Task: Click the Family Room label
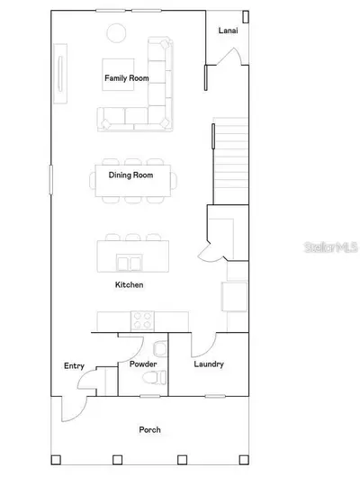pos(127,78)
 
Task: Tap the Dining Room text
pos(130,175)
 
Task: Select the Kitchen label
pos(130,285)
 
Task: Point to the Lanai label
pos(229,31)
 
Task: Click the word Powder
pos(143,364)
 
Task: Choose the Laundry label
pos(209,364)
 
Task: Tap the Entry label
pos(74,366)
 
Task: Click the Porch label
pos(149,430)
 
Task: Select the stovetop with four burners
pos(142,320)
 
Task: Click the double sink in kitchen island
pos(130,263)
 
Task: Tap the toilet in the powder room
pos(155,377)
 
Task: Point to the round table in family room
pos(116,32)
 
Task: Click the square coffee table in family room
pos(118,75)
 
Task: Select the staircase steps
pos(231,161)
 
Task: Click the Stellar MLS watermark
pos(331,247)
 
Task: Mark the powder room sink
pos(160,348)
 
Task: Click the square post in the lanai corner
pos(246,17)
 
